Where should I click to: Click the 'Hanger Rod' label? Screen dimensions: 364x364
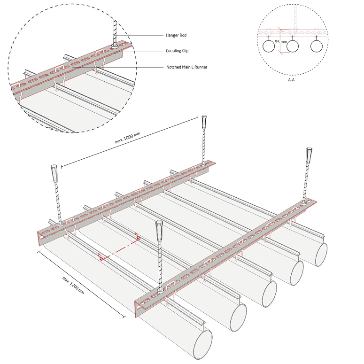point(176,35)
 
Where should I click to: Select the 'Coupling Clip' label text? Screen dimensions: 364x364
point(177,51)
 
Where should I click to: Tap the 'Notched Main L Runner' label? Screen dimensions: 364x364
point(186,67)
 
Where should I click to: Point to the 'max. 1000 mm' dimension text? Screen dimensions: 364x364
point(127,138)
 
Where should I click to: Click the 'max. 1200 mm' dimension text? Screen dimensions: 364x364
point(73,285)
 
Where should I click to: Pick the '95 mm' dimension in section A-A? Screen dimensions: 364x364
point(281,42)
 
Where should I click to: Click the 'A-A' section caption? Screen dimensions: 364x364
point(291,80)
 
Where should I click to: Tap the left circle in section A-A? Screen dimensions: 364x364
point(269,46)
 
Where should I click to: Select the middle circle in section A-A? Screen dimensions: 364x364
point(293,46)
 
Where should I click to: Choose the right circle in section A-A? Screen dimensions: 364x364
point(317,46)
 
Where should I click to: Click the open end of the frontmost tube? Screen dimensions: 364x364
point(202,344)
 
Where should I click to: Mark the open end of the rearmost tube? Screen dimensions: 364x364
point(321,255)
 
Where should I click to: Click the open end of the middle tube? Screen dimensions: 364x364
point(269,294)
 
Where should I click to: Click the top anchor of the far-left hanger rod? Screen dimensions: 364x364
point(54,173)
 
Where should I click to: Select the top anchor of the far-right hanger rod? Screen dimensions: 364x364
point(309,155)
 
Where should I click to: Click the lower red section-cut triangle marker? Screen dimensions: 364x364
point(101,257)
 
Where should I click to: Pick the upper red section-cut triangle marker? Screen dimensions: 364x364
point(138,237)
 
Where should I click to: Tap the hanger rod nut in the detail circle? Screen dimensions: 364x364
point(115,46)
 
